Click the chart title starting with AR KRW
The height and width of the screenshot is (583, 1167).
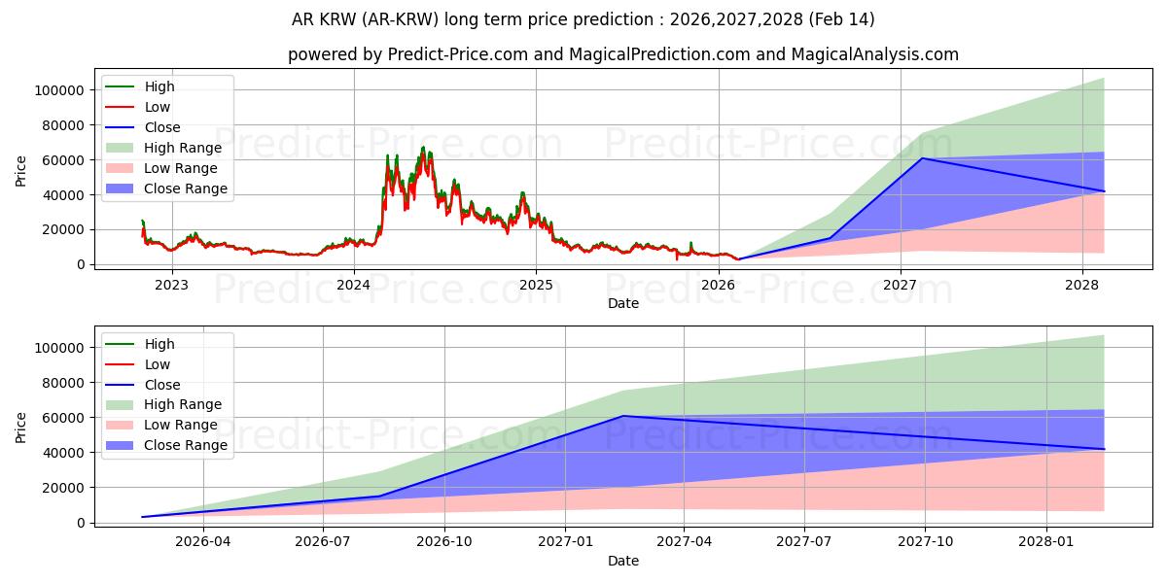[583, 19]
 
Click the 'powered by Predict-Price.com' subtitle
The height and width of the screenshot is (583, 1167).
[622, 54]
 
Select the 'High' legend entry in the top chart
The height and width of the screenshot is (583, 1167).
[159, 86]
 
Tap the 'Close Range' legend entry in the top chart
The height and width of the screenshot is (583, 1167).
[185, 189]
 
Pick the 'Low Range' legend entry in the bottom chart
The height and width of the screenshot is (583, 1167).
[181, 425]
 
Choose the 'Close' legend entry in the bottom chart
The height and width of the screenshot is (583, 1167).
[161, 385]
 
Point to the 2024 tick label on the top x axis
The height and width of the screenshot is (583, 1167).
[354, 285]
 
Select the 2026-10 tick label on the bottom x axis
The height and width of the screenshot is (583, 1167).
[444, 542]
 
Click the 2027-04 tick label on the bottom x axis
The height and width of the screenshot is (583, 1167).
[685, 542]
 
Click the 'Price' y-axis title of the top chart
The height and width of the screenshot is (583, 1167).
[21, 172]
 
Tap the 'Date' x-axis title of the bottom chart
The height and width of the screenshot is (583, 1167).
[622, 561]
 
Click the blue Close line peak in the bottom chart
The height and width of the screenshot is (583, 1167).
[622, 416]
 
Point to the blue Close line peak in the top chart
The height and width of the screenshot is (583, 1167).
[922, 158]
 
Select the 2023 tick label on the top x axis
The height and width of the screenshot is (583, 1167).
[172, 285]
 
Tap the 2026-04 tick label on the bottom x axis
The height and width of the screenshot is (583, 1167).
[203, 542]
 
